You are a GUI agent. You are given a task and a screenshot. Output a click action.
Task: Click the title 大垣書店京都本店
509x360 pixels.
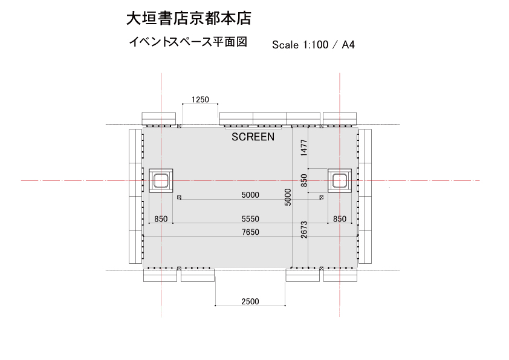click(189, 19)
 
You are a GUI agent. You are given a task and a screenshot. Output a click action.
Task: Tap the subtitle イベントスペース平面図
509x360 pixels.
click(188, 42)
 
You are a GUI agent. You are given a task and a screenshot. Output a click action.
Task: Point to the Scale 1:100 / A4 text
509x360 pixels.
click(313, 45)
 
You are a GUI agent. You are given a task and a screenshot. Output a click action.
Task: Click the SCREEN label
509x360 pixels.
click(253, 137)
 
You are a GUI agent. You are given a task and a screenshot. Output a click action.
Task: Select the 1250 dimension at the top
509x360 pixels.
click(200, 99)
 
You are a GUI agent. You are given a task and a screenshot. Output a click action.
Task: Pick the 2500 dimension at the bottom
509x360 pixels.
click(250, 301)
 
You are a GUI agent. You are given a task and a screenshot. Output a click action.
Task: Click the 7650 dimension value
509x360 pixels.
click(250, 232)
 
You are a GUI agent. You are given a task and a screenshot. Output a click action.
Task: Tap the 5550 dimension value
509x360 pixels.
click(250, 219)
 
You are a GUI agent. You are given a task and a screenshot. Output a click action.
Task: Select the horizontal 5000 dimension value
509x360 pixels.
click(250, 195)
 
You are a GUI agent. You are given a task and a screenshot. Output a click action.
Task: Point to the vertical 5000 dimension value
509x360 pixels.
click(288, 197)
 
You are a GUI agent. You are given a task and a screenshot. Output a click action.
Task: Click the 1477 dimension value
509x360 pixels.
click(304, 148)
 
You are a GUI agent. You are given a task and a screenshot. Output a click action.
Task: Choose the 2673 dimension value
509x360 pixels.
click(304, 230)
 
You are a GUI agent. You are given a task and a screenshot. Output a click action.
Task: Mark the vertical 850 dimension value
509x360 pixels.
click(304, 181)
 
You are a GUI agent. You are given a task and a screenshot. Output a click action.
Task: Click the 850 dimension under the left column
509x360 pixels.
click(161, 219)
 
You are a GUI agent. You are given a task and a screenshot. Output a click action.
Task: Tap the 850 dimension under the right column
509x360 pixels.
click(340, 219)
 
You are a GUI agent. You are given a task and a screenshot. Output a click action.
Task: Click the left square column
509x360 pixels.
click(161, 181)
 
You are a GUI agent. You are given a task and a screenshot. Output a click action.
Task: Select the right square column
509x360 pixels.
click(340, 181)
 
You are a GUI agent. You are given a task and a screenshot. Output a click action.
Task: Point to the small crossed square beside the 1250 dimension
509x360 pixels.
click(179, 126)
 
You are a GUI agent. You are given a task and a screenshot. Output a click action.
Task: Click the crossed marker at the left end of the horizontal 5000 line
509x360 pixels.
click(179, 197)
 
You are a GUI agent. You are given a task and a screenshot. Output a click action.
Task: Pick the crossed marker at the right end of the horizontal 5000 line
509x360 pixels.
click(322, 197)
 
